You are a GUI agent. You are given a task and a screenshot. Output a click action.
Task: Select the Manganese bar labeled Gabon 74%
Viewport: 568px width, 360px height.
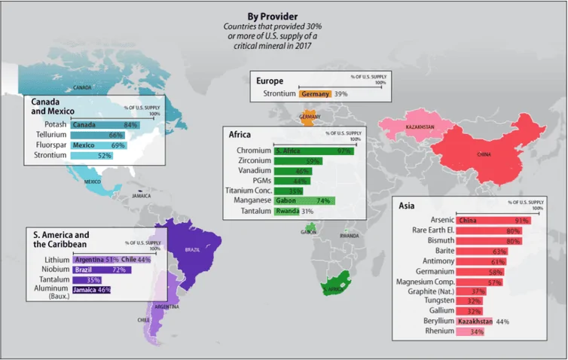point(304,201)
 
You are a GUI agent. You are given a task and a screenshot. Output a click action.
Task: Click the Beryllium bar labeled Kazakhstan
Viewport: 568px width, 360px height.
point(475,322)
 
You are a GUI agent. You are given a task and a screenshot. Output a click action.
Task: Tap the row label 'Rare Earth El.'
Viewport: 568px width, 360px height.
point(429,230)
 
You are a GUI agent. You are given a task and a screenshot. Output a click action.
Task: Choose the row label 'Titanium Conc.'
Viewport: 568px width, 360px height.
point(248,191)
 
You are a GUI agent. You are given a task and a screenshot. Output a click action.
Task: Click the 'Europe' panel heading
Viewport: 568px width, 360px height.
point(269,81)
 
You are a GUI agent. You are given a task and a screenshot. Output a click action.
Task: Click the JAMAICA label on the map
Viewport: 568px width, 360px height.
point(141,195)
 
